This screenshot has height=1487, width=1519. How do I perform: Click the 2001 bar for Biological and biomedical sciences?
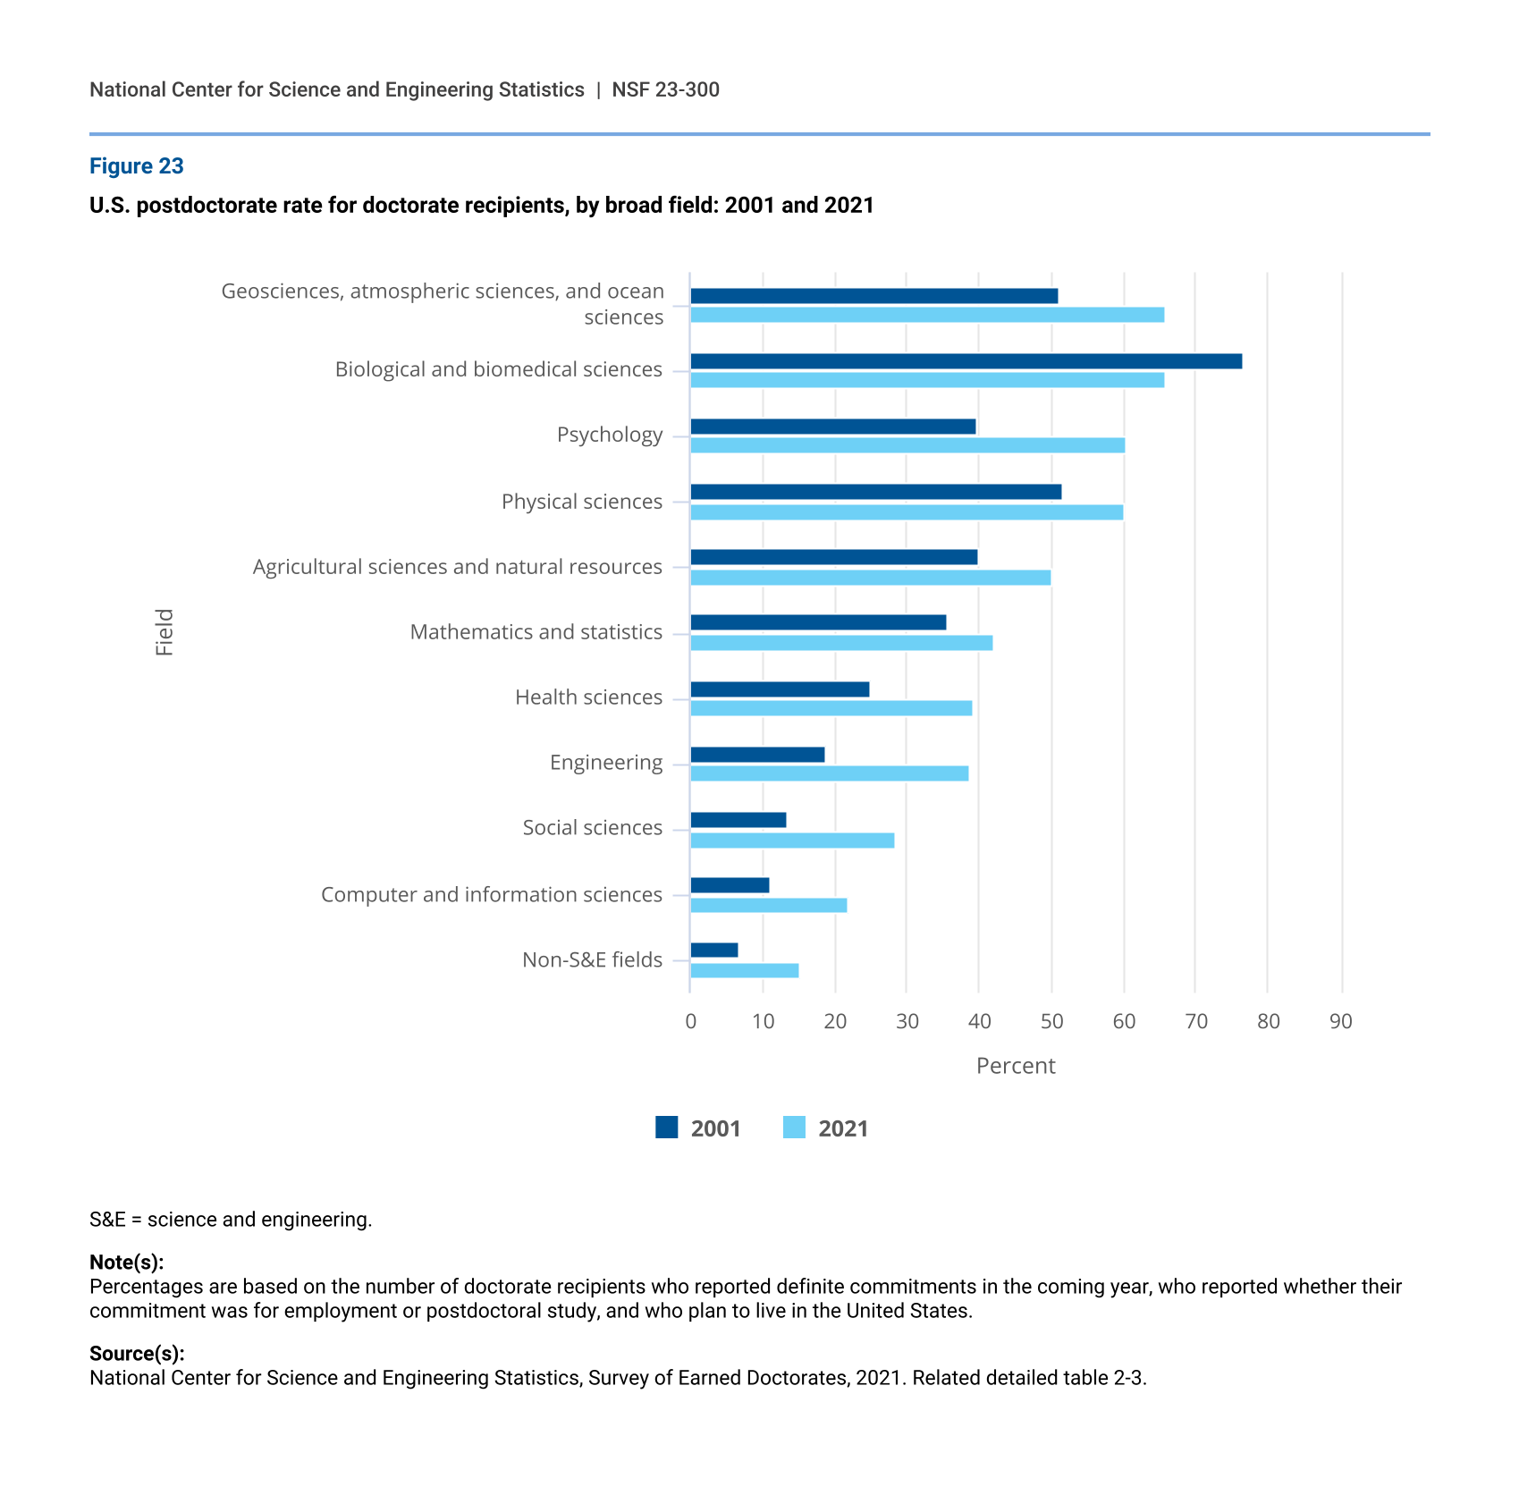966,361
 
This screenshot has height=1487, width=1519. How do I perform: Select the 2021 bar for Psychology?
907,445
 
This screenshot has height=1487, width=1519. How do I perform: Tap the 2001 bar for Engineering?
757,755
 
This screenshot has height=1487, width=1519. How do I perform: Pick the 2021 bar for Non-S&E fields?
745,971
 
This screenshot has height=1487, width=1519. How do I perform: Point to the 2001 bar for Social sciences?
738,820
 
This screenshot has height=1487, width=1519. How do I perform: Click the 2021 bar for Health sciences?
831,708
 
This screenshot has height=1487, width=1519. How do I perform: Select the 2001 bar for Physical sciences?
876,492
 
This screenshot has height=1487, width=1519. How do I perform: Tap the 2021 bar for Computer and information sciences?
769,906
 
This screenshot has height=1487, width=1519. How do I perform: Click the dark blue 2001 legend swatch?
666,1128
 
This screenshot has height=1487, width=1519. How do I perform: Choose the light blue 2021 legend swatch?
794,1128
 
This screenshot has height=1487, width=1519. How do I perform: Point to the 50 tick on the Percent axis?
1051,1021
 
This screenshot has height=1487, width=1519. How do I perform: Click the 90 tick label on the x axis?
1340,1021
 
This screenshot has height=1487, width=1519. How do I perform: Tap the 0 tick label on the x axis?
690,1021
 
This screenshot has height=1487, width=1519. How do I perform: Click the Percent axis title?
1016,1066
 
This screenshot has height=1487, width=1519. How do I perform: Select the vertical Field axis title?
165,632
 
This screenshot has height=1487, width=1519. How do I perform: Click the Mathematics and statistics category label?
536,632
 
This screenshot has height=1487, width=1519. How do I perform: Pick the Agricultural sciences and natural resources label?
457,567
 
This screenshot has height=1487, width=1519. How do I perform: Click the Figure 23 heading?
136,166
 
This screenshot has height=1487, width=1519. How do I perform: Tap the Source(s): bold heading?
137,1353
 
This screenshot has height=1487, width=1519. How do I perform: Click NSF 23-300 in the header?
665,89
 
